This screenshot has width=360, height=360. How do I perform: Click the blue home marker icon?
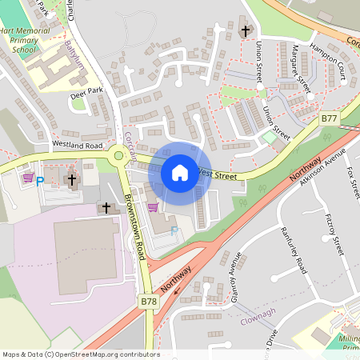[180, 173]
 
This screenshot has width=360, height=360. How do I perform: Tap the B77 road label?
[329, 118]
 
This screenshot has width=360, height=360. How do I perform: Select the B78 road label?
[149, 302]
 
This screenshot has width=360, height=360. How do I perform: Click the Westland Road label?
[78, 146]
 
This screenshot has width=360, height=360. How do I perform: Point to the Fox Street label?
[353, 183]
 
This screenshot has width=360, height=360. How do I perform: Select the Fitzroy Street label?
[334, 233]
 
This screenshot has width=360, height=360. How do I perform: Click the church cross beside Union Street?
[245, 31]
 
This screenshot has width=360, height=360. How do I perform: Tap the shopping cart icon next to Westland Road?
[28, 178]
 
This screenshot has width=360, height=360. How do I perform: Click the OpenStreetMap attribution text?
[80, 354]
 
